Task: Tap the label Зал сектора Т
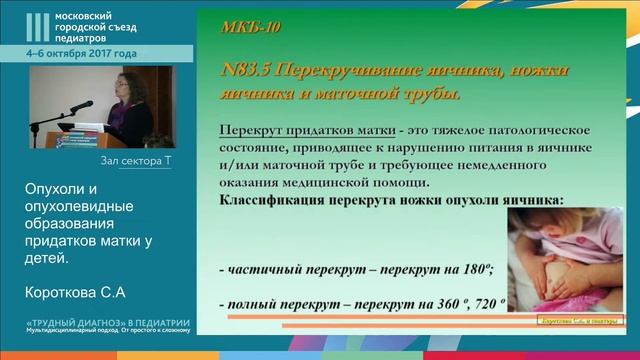coord(136,160)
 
